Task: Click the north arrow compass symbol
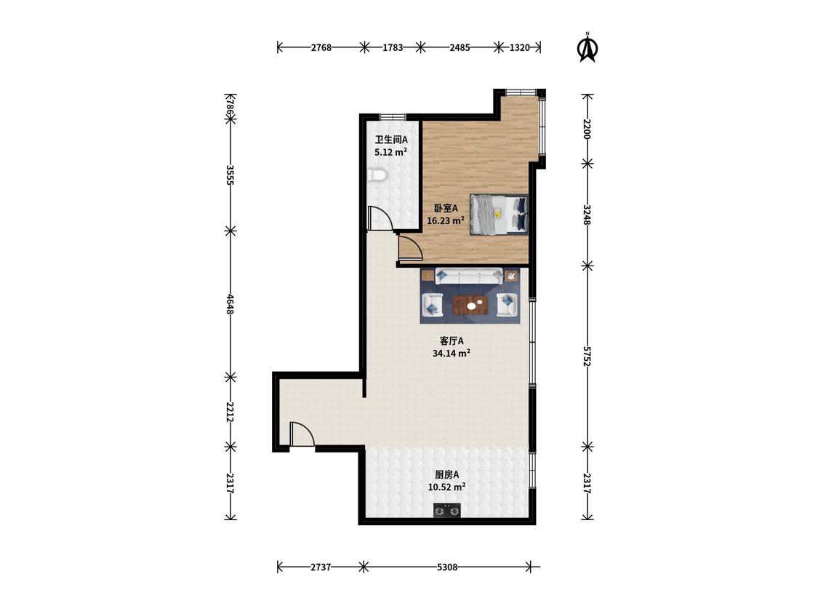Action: (x=588, y=48)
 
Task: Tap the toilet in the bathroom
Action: (x=377, y=175)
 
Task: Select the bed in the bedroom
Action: (x=499, y=214)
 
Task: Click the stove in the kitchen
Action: (x=448, y=510)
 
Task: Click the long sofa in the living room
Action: (x=468, y=276)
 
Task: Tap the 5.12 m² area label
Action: (x=390, y=153)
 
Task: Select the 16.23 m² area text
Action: (x=446, y=221)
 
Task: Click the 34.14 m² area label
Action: (x=452, y=354)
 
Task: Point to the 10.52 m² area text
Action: (x=446, y=487)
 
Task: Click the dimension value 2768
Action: (x=321, y=47)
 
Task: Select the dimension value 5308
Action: (x=447, y=567)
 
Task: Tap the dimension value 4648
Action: (x=230, y=304)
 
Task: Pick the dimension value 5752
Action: (x=588, y=356)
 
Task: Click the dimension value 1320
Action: (x=519, y=47)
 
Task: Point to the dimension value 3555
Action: (x=230, y=175)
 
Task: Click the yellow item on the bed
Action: (x=498, y=214)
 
